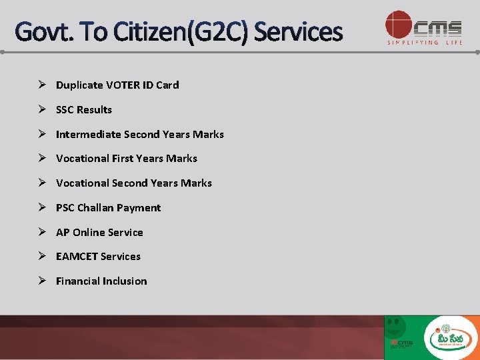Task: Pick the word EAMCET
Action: point(77,257)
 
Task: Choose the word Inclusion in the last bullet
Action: point(124,281)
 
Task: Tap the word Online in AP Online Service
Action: point(88,233)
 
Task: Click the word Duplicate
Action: point(79,85)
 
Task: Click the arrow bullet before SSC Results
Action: point(41,109)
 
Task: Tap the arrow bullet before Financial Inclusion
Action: point(41,281)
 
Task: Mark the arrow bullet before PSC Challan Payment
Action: point(41,207)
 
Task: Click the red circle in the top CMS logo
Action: point(399,25)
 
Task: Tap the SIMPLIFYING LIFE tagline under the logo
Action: point(424,43)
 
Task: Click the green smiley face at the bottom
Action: point(396,327)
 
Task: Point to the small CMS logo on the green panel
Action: point(401,343)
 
